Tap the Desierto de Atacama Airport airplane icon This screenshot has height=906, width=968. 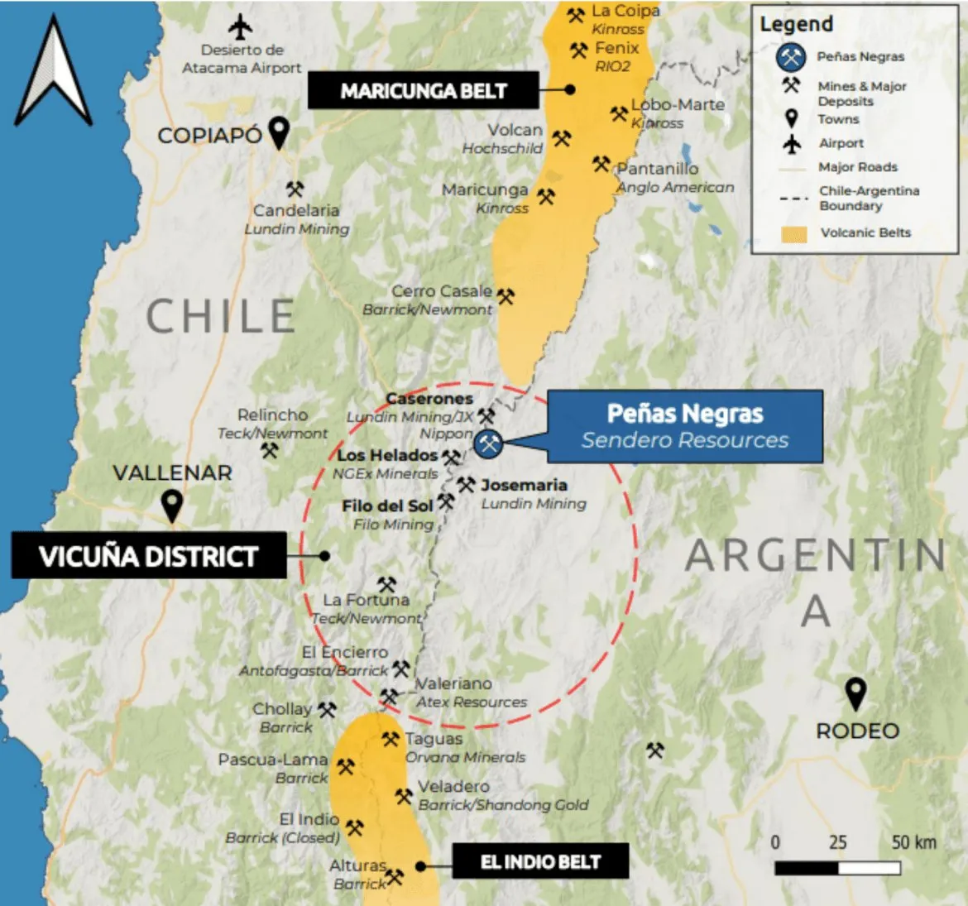pos(241,26)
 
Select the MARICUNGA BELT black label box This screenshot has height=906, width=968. pos(423,90)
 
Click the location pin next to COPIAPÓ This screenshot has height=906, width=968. pos(280,132)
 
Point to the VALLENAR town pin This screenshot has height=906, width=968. pos(171,505)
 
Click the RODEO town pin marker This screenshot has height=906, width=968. pos(855,693)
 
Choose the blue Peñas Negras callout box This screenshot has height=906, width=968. pos(684,426)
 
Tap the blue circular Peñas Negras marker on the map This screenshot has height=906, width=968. pos(489,443)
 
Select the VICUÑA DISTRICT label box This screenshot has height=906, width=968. pos(149,556)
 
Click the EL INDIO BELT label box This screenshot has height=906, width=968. pos(540,861)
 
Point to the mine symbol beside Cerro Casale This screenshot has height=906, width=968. pos(505,295)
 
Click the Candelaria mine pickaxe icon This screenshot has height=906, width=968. pos(295,189)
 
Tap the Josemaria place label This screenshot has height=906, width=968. pos(524,485)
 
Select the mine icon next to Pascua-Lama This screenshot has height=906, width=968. pos(345,766)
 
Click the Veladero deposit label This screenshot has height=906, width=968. pos(453,786)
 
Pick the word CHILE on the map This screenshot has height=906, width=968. pos(220,316)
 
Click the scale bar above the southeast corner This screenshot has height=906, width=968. pos(837,868)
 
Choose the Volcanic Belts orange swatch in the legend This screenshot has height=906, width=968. pos(793,233)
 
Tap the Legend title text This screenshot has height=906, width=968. pos(796,25)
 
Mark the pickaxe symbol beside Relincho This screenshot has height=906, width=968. pos(269,451)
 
